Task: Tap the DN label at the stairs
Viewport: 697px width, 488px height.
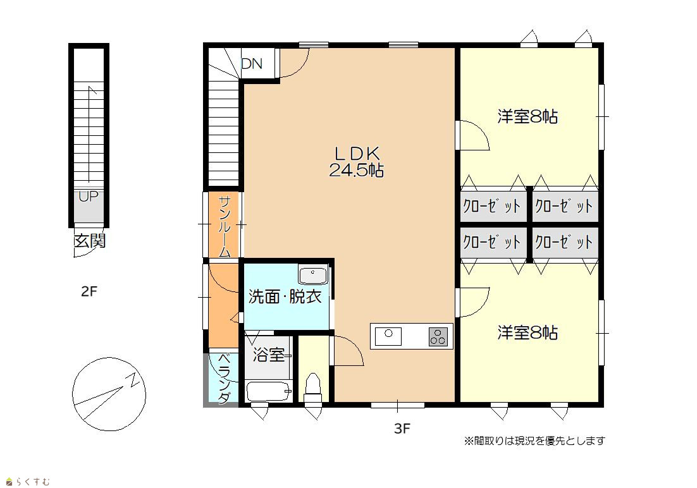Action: [x=252, y=64]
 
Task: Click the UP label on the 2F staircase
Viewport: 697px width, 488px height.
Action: [x=89, y=196]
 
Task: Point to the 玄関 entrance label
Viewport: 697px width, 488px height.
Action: [x=89, y=241]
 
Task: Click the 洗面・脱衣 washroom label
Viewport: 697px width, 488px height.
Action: [x=285, y=296]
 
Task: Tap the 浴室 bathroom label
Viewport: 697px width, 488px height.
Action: [x=268, y=355]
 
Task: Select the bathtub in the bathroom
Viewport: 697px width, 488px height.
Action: [x=269, y=391]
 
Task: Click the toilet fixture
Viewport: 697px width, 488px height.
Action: [x=313, y=387]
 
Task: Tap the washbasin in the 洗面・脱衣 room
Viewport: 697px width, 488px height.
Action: [x=313, y=275]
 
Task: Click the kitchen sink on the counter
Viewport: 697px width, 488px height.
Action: [x=388, y=336]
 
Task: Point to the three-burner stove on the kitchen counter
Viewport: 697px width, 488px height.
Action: [x=438, y=336]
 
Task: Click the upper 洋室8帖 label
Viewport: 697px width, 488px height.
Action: [x=527, y=116]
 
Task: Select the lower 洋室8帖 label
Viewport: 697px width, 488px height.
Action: [x=527, y=332]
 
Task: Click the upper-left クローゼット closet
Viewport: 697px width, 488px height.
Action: [x=493, y=206]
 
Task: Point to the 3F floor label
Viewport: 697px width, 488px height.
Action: [x=402, y=429]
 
